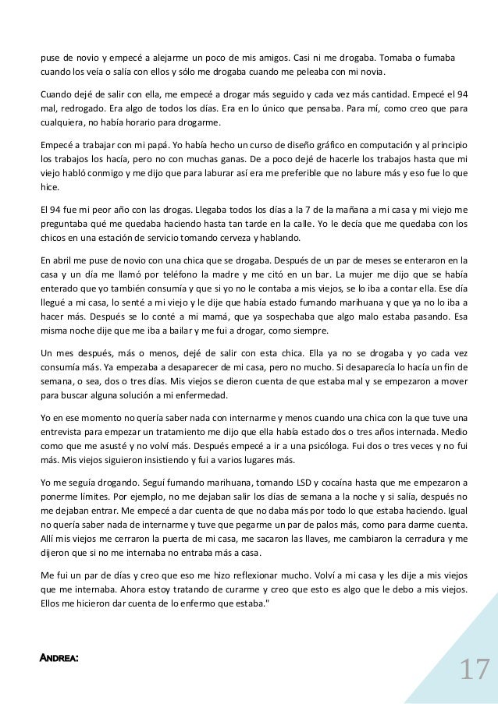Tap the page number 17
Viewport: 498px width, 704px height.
pyautogui.click(x=473, y=668)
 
